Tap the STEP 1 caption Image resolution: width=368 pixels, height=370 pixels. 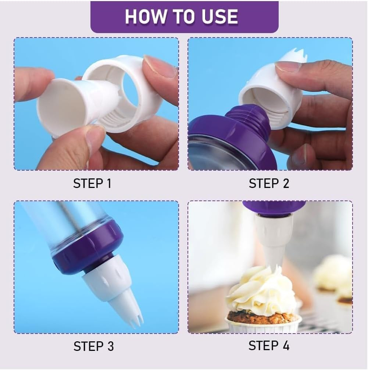click(92, 184)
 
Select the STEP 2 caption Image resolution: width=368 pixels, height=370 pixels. click(269, 184)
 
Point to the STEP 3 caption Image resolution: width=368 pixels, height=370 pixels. click(94, 346)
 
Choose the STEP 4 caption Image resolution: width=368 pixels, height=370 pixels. click(269, 346)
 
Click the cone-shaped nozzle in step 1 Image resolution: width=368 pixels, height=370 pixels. click(78, 102)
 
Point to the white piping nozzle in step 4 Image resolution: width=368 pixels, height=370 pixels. click(274, 241)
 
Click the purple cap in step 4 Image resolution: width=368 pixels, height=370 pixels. click(274, 208)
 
